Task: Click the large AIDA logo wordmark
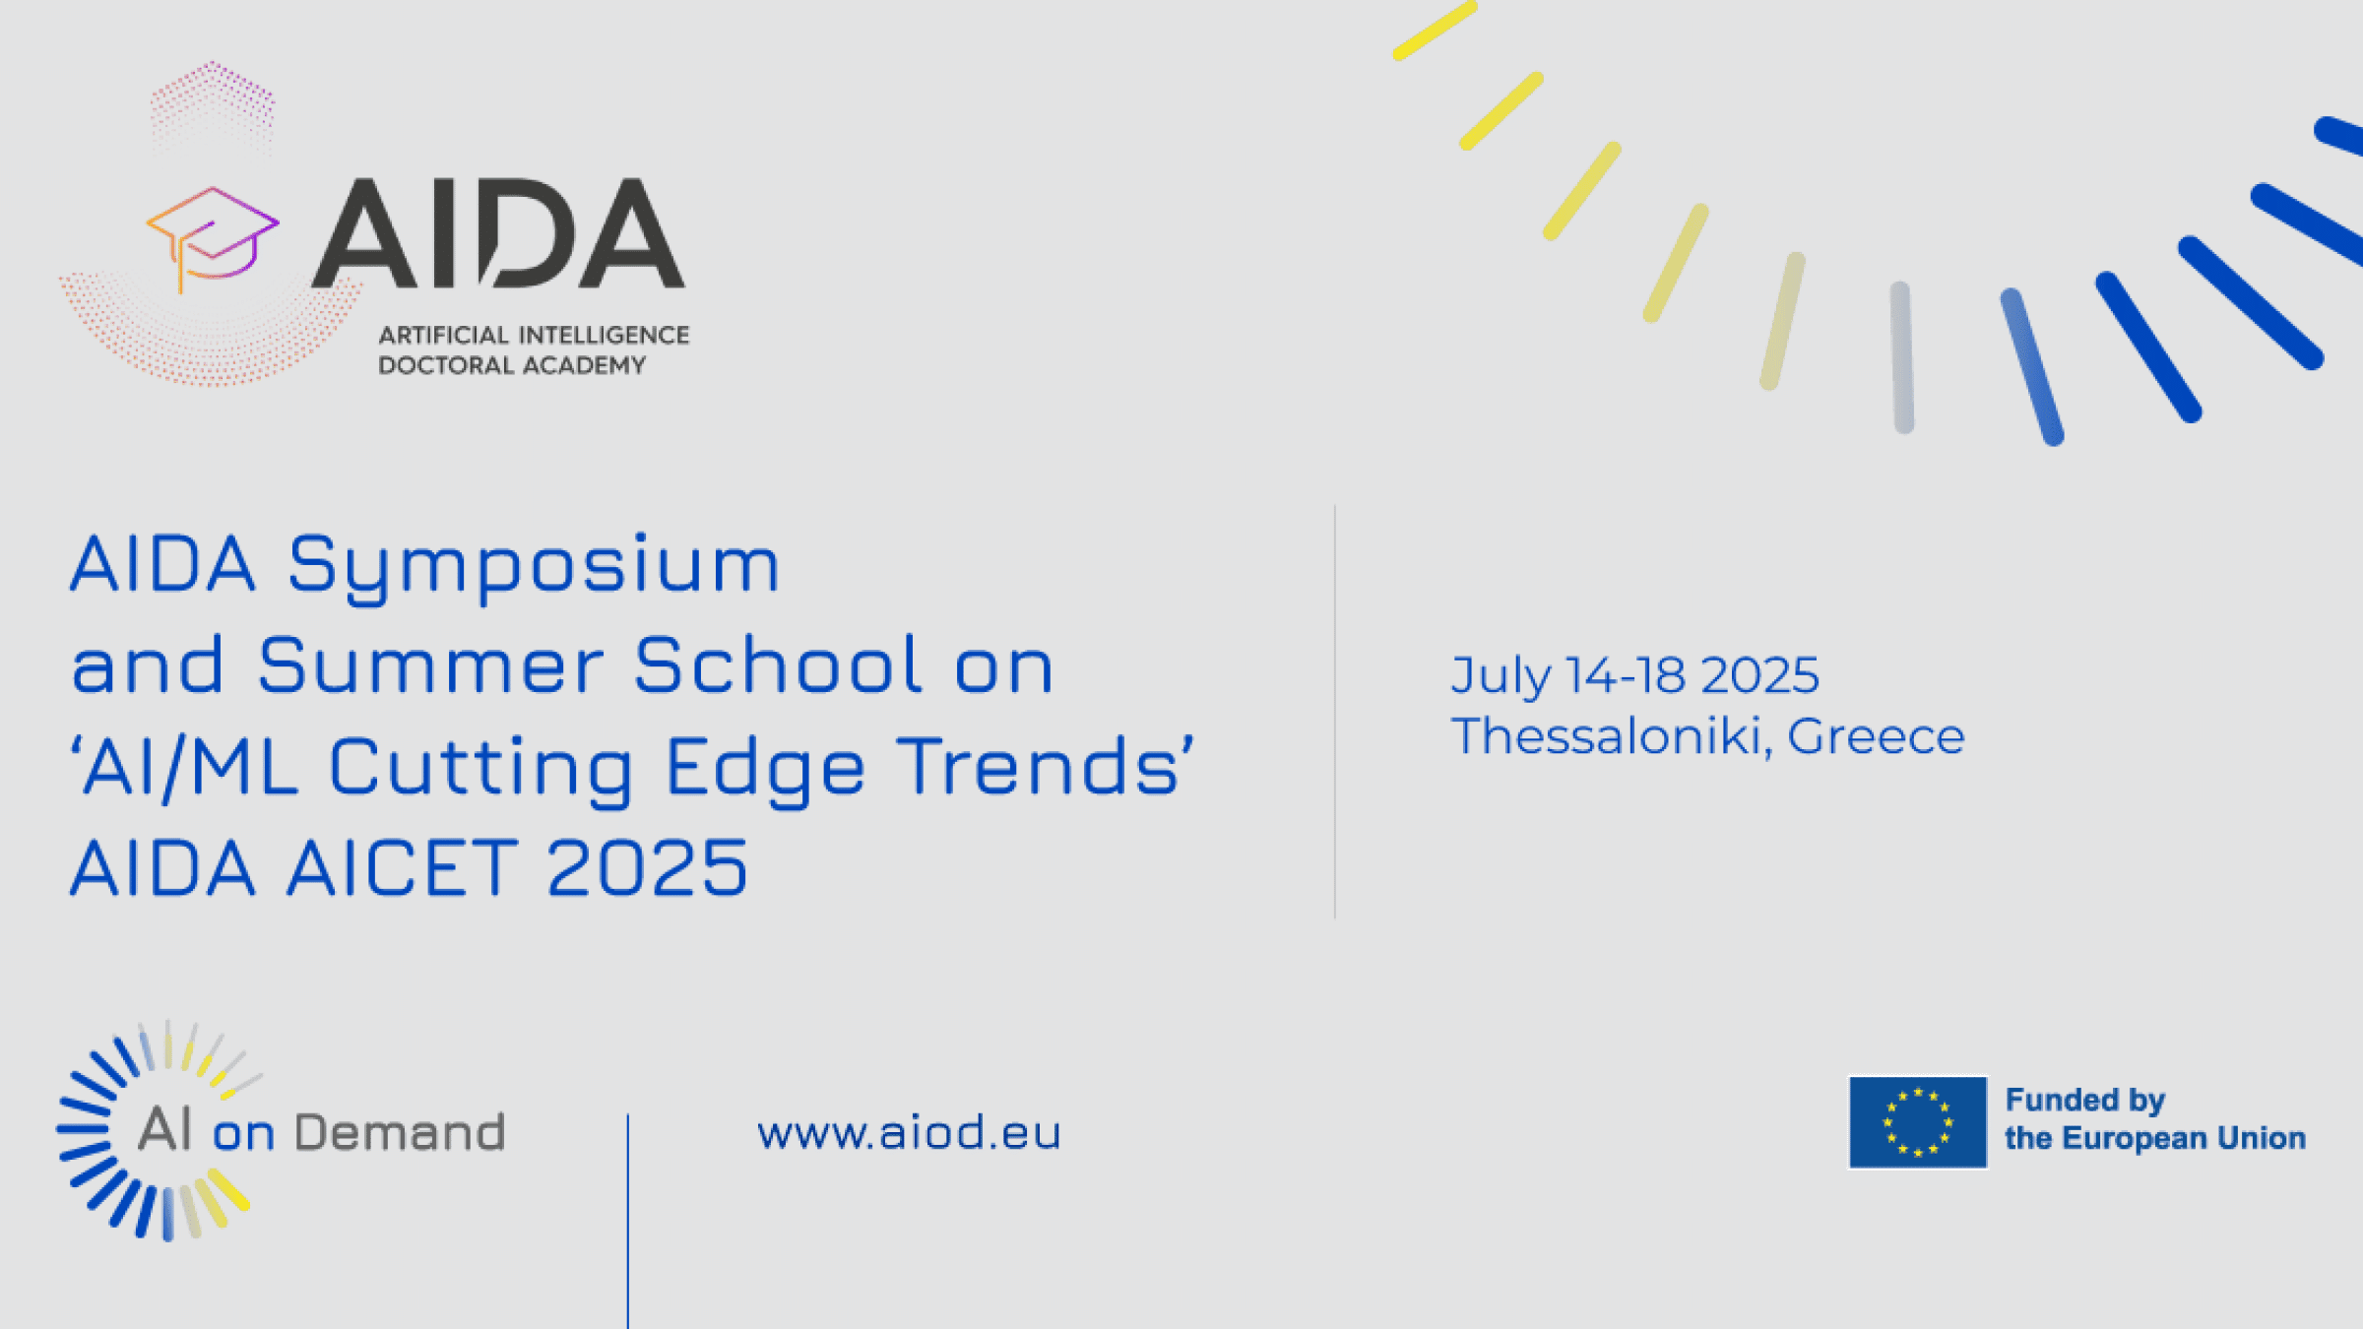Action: (x=498, y=233)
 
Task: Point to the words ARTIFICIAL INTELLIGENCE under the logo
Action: (x=534, y=336)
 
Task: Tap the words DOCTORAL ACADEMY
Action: (x=512, y=365)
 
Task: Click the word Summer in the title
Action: (x=430, y=666)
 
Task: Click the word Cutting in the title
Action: (x=481, y=769)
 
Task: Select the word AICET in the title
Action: (x=402, y=867)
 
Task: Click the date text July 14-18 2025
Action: (x=1635, y=676)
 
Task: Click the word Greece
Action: (x=1876, y=736)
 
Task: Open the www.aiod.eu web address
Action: (x=909, y=1133)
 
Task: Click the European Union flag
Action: (x=1918, y=1122)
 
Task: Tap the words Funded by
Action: (x=2085, y=1100)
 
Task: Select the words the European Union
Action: (x=2155, y=1138)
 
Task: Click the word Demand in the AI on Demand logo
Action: (x=400, y=1132)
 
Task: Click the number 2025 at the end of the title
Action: (x=648, y=867)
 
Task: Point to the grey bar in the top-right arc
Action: (x=1902, y=357)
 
